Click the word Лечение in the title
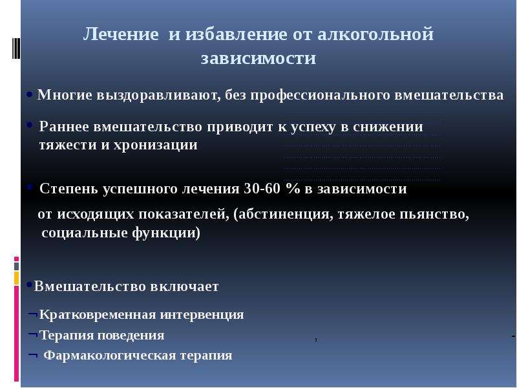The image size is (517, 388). [121, 34]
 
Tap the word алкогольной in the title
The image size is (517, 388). [375, 34]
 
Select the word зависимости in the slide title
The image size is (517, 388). [258, 58]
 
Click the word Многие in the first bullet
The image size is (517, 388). [65, 95]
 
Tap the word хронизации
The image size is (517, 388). [156, 145]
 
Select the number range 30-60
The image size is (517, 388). [262, 189]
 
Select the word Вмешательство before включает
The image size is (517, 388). [90, 286]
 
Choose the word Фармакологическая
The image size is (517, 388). [110, 356]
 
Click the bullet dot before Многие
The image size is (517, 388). [30, 94]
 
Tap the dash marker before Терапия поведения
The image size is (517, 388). [33, 334]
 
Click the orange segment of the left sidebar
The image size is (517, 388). [17, 278]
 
